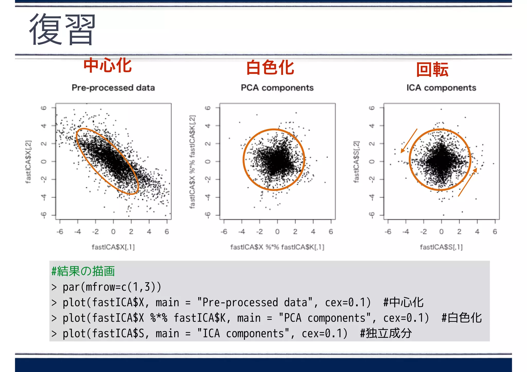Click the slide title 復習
pyautogui.click(x=62, y=29)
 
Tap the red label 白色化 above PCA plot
pyautogui.click(x=270, y=68)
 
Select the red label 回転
pyautogui.click(x=432, y=70)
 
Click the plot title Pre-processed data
pyautogui.click(x=113, y=88)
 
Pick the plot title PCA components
pyautogui.click(x=277, y=88)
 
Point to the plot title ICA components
pyautogui.click(x=441, y=88)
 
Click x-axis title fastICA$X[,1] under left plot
pyautogui.click(x=113, y=247)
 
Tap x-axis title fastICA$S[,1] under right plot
pyautogui.click(x=441, y=247)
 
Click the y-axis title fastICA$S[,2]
pyautogui.click(x=356, y=162)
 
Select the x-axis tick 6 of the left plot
pyautogui.click(x=167, y=232)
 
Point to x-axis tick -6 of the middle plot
pyautogui.click(x=224, y=232)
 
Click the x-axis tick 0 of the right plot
pyautogui.click(x=441, y=232)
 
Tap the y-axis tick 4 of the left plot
pyautogui.click(x=44, y=126)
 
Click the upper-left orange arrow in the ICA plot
pyautogui.click(x=409, y=141)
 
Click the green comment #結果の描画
pyautogui.click(x=83, y=271)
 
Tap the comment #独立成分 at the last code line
pyautogui.click(x=386, y=333)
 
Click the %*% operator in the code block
pyautogui.click(x=159, y=318)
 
